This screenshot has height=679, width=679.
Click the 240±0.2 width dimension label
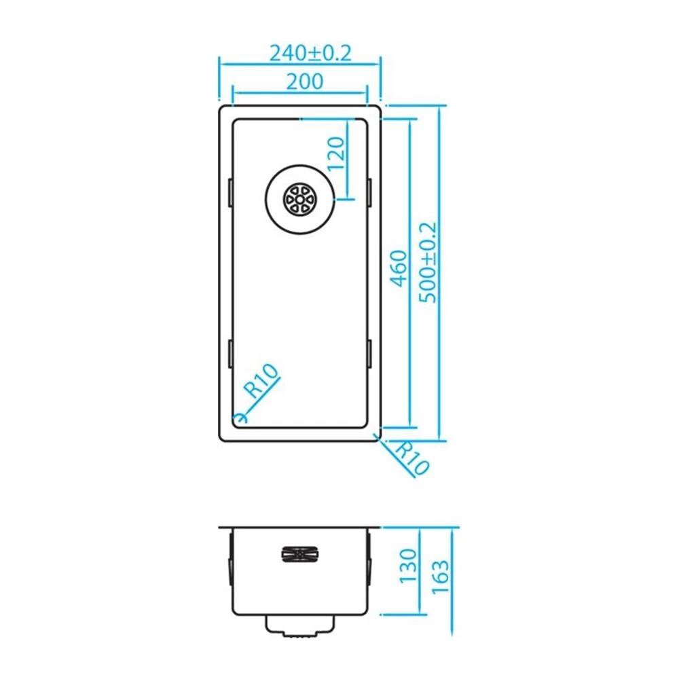tap(310, 53)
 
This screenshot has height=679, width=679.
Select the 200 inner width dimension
tap(305, 81)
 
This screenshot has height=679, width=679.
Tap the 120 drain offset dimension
tap(336, 153)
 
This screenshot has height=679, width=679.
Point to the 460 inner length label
tap(399, 268)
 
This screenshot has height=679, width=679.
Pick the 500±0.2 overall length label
tap(428, 262)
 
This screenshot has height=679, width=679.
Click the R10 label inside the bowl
tap(261, 381)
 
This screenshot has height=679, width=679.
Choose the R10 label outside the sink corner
tap(412, 458)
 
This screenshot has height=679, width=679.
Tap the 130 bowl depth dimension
tap(408, 566)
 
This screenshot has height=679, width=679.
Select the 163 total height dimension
tap(441, 576)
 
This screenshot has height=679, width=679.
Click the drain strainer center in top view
tap(299, 199)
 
